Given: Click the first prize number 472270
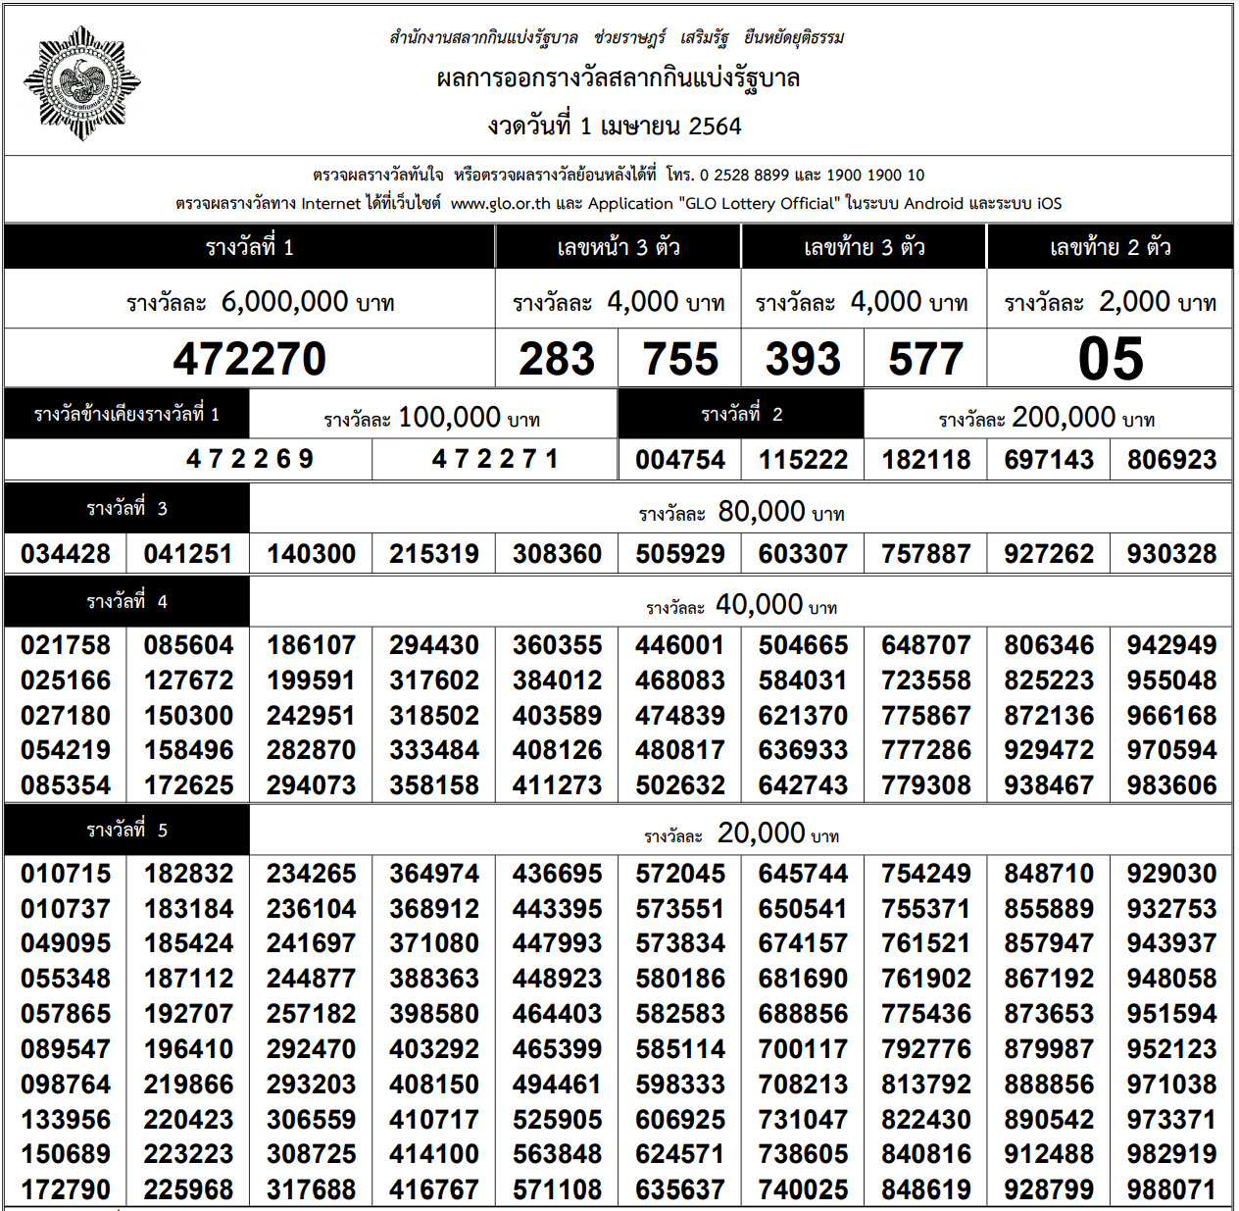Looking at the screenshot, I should point(249,359).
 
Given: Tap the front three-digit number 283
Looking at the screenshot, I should point(557,359).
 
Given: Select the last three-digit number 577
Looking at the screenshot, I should point(925,359).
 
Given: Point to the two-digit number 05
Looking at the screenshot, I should point(1110,359).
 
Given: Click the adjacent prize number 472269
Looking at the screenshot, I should point(249,459).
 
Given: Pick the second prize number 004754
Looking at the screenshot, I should point(679,460).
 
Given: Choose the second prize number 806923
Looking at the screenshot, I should point(1171,460).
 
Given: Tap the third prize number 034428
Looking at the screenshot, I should point(66,554).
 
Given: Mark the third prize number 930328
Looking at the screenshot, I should point(1171,554).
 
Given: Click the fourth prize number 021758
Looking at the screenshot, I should point(66,645).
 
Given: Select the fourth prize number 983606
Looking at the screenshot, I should point(1171,785).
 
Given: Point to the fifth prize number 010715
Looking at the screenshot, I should point(66,874).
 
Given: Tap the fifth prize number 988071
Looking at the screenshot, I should point(1171,1190).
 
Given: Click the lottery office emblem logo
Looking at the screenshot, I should point(81,83).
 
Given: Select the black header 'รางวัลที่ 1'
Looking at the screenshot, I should point(249,247).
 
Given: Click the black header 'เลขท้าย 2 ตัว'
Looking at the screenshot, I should point(1110,247).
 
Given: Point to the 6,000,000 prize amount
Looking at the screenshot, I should point(284,302).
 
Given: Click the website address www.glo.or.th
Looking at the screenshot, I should point(500,204).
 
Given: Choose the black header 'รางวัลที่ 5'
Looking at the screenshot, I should point(126,831).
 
